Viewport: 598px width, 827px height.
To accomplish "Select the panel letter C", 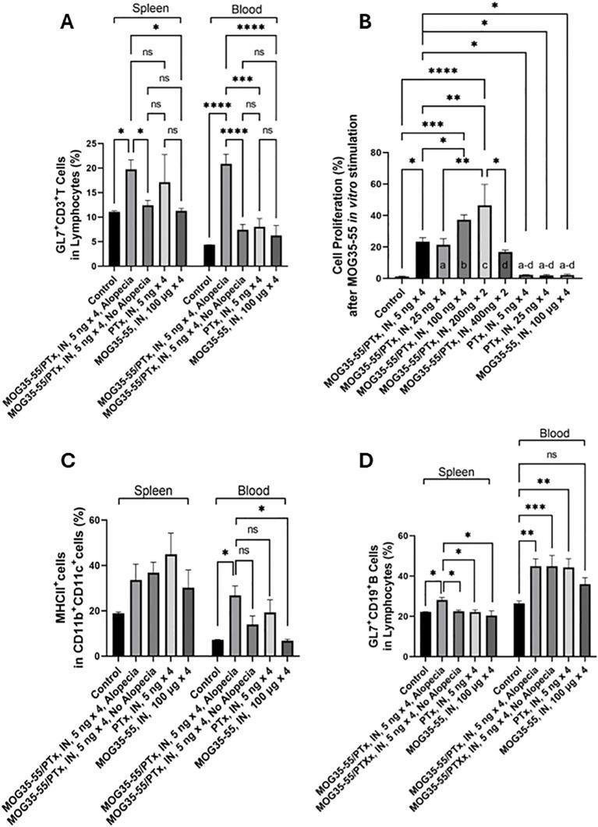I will coord(67,460).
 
